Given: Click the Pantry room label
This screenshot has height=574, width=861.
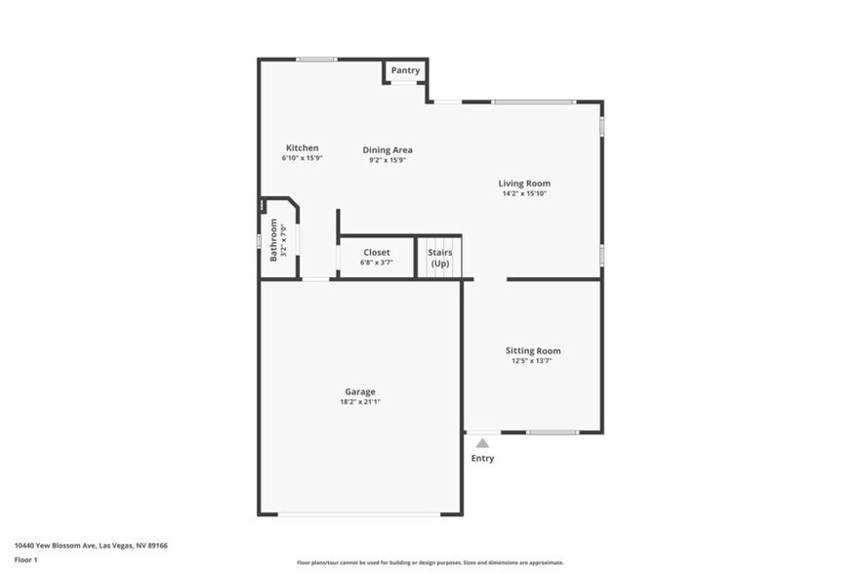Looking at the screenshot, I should [406, 70].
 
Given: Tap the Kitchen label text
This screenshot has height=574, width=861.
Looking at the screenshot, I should [302, 148].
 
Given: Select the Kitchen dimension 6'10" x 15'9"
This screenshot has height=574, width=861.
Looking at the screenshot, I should [302, 158].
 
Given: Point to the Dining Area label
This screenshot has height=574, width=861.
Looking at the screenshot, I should [388, 150].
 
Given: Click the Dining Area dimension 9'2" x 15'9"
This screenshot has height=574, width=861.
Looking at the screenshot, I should [388, 160].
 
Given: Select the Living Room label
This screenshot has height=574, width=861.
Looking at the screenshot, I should [524, 184].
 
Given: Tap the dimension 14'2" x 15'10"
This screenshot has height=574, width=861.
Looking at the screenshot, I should [524, 193].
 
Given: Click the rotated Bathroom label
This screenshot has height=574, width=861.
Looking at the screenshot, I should [273, 239].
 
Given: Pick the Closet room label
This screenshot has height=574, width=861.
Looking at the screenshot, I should [377, 253].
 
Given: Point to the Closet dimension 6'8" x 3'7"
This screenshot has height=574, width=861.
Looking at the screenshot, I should [377, 263].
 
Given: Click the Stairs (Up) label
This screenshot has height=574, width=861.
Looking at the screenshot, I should [439, 258].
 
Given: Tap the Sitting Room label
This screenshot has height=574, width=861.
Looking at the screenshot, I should [533, 350].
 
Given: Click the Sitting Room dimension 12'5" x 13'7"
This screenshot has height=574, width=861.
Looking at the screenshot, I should [533, 361].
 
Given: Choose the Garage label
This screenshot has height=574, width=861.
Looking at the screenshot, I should [359, 391].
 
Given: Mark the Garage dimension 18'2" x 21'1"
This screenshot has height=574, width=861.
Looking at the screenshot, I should [359, 401].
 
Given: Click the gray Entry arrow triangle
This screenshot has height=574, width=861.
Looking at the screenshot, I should [482, 443].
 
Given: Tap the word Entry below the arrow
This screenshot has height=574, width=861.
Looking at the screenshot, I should [482, 458].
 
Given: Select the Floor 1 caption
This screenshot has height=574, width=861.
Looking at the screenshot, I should [25, 559].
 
